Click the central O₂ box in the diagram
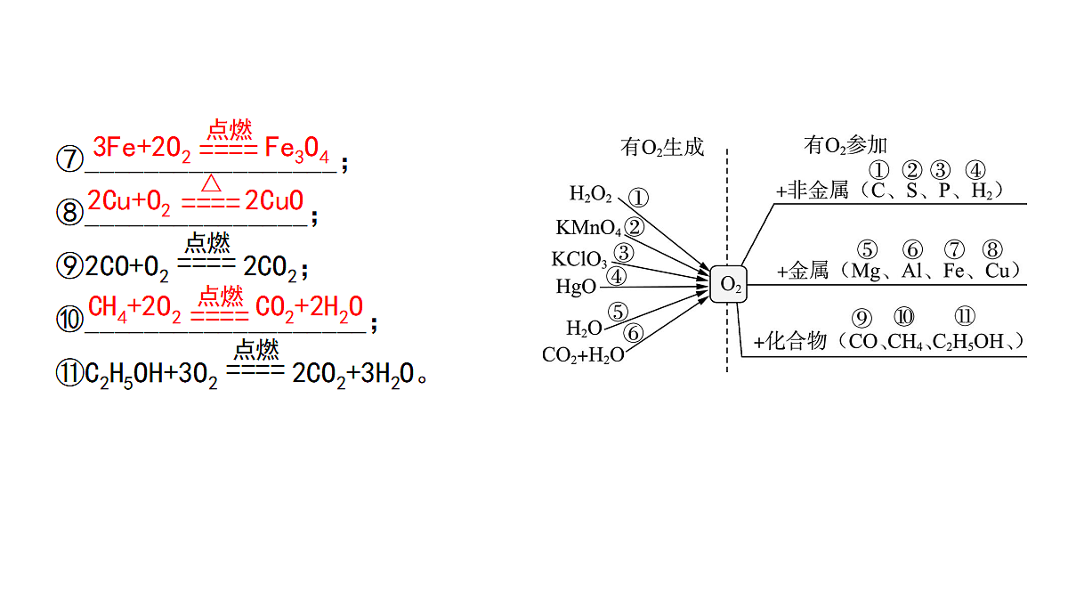(x=729, y=284)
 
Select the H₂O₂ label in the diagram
(x=590, y=194)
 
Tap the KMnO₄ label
(x=589, y=228)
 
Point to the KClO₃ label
(x=579, y=259)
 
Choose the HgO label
(x=576, y=287)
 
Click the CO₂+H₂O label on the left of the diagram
(x=583, y=355)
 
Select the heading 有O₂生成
(x=662, y=148)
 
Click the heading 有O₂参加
(x=845, y=145)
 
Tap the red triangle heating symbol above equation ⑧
(x=211, y=183)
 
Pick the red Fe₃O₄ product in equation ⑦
(x=296, y=150)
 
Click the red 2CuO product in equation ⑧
(x=274, y=200)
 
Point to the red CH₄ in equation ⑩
(x=108, y=308)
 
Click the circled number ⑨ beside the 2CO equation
(x=69, y=265)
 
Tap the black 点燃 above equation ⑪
(x=256, y=350)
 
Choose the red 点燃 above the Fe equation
(x=230, y=129)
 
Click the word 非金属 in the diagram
(x=818, y=191)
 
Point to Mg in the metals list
(x=865, y=272)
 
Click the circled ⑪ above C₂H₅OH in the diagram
(x=965, y=316)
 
